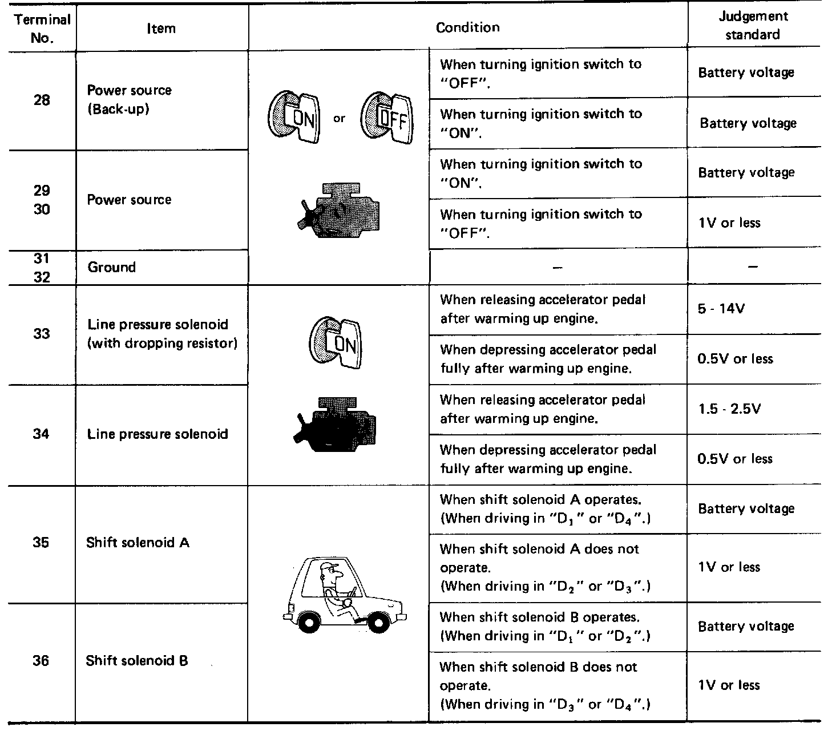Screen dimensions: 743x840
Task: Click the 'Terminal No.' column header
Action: coord(42,29)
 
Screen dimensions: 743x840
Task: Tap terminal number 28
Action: coord(42,100)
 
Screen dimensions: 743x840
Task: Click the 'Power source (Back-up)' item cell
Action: coord(129,99)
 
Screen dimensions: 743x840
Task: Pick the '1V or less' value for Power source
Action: coord(729,223)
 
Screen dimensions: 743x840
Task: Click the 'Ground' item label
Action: coord(112,267)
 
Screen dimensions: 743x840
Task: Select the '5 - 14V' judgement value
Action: coord(721,309)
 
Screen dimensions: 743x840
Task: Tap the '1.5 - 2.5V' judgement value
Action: coord(729,409)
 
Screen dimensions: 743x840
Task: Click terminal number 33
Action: coord(41,333)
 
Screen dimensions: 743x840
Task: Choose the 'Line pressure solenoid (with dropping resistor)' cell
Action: coord(162,334)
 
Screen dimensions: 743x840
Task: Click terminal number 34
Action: coord(41,434)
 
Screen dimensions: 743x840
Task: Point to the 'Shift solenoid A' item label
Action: coord(138,542)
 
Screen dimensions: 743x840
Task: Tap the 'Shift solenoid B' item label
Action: coord(137,661)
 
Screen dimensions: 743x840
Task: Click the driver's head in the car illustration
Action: coord(330,572)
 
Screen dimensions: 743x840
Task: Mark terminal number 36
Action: coord(41,661)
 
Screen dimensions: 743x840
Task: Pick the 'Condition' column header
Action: coord(467,27)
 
